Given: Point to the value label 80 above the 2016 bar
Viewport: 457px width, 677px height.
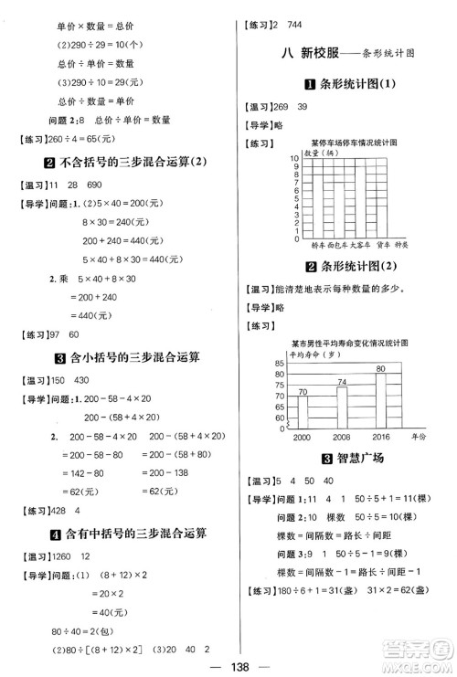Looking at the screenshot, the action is tap(380, 368).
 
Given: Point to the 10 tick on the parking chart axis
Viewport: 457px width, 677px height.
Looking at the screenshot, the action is tap(293, 159).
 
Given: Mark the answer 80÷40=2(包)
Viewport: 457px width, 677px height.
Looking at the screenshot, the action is tap(56, 607).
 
